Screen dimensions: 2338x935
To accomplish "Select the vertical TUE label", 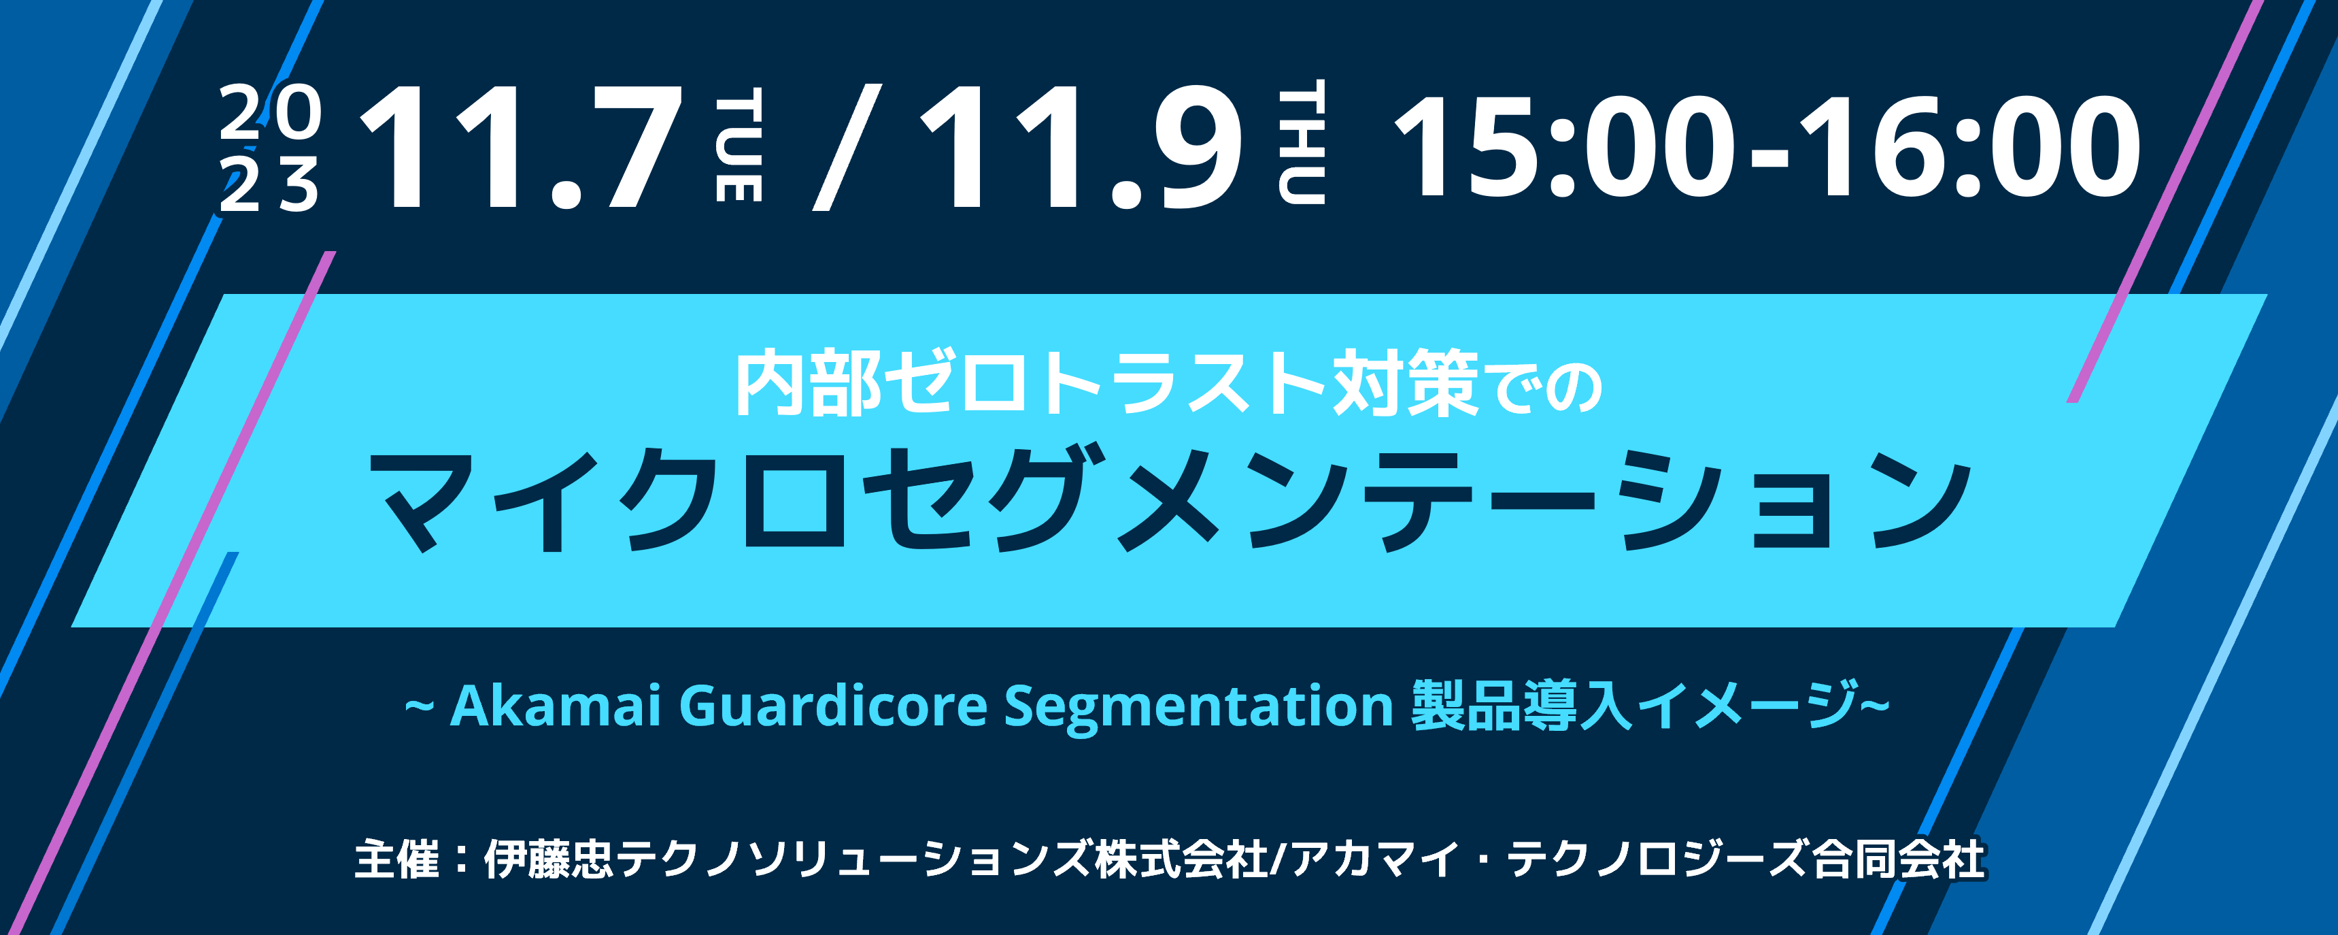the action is (x=739, y=145).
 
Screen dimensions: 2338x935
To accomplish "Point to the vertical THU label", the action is (x=1302, y=142).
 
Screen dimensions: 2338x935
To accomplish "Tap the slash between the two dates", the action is (x=847, y=147).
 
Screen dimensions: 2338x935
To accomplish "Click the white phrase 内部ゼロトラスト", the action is (x=1030, y=384).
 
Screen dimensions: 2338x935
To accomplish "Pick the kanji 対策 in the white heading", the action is (x=1406, y=384).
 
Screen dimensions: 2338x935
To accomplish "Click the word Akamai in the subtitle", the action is (x=554, y=706).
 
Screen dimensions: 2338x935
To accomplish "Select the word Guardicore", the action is (x=832, y=706).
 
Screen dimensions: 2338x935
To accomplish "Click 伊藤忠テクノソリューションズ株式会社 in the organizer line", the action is (x=875, y=859).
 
